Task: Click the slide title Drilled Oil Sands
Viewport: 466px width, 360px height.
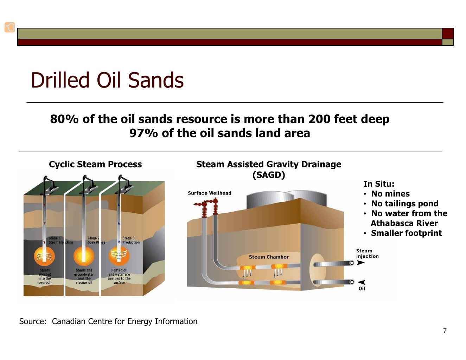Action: pyautogui.click(x=107, y=80)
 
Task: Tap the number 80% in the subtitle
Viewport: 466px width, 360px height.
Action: pyautogui.click(x=64, y=119)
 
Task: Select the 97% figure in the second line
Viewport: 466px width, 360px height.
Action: pyautogui.click(x=143, y=133)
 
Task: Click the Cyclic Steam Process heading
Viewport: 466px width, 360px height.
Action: pyautogui.click(x=95, y=164)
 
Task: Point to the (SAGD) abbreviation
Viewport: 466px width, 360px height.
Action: pyautogui.click(x=268, y=175)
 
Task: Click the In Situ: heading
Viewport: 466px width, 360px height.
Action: pyautogui.click(x=379, y=184)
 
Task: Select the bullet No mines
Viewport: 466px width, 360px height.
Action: pyautogui.click(x=390, y=194)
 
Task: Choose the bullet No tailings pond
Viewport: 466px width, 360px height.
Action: pyautogui.click(x=404, y=204)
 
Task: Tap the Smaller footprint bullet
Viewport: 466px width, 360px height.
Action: pyautogui.click(x=406, y=233)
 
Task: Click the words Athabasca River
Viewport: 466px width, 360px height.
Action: pyautogui.click(x=404, y=223)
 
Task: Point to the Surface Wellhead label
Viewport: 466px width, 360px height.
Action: pyautogui.click(x=210, y=193)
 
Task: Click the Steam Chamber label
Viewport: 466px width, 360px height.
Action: pyautogui.click(x=269, y=257)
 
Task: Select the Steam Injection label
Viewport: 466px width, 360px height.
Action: pyautogui.click(x=367, y=253)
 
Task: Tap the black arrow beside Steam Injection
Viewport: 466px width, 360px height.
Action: pyautogui.click(x=361, y=263)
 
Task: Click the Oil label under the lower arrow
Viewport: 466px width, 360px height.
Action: pyautogui.click(x=362, y=289)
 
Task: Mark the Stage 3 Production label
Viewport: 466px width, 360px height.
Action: pyautogui.click(x=130, y=240)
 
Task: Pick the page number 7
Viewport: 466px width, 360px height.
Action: pyautogui.click(x=445, y=331)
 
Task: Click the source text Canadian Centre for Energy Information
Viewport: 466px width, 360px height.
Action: pyautogui.click(x=125, y=321)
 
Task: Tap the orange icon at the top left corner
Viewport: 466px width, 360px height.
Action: pyautogui.click(x=10, y=27)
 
